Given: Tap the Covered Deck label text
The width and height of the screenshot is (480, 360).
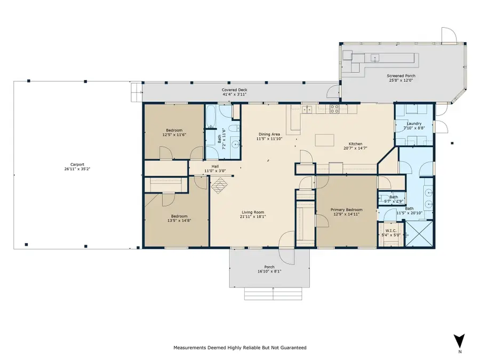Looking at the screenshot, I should click(x=235, y=90).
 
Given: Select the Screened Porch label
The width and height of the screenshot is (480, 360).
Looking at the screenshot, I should click(x=401, y=76).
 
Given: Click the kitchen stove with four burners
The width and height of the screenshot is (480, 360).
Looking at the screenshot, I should click(x=335, y=109).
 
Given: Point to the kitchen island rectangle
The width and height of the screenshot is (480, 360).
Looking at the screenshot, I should click(x=325, y=140).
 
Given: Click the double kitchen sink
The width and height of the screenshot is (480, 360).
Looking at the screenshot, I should click(x=308, y=110).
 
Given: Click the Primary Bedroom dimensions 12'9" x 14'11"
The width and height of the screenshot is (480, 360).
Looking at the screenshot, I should click(x=343, y=215).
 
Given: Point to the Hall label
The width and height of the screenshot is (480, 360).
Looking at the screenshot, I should click(x=215, y=166).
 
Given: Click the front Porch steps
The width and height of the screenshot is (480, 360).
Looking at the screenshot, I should click(x=273, y=294).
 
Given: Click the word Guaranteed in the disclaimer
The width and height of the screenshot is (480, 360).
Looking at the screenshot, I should click(x=292, y=348).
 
